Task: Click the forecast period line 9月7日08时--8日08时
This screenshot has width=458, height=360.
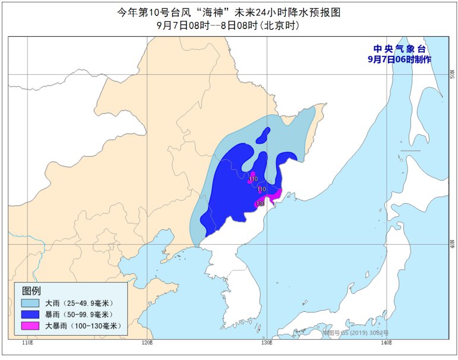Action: click(228, 26)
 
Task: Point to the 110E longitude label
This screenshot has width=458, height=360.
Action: click(27, 343)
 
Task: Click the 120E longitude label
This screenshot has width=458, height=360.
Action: click(148, 343)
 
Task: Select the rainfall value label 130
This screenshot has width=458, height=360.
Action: click(260, 204)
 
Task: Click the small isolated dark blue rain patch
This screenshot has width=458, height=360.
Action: click(263, 136)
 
